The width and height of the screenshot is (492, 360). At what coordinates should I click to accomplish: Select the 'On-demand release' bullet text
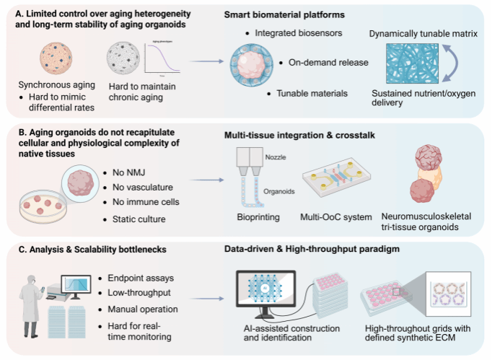pos(328,62)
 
